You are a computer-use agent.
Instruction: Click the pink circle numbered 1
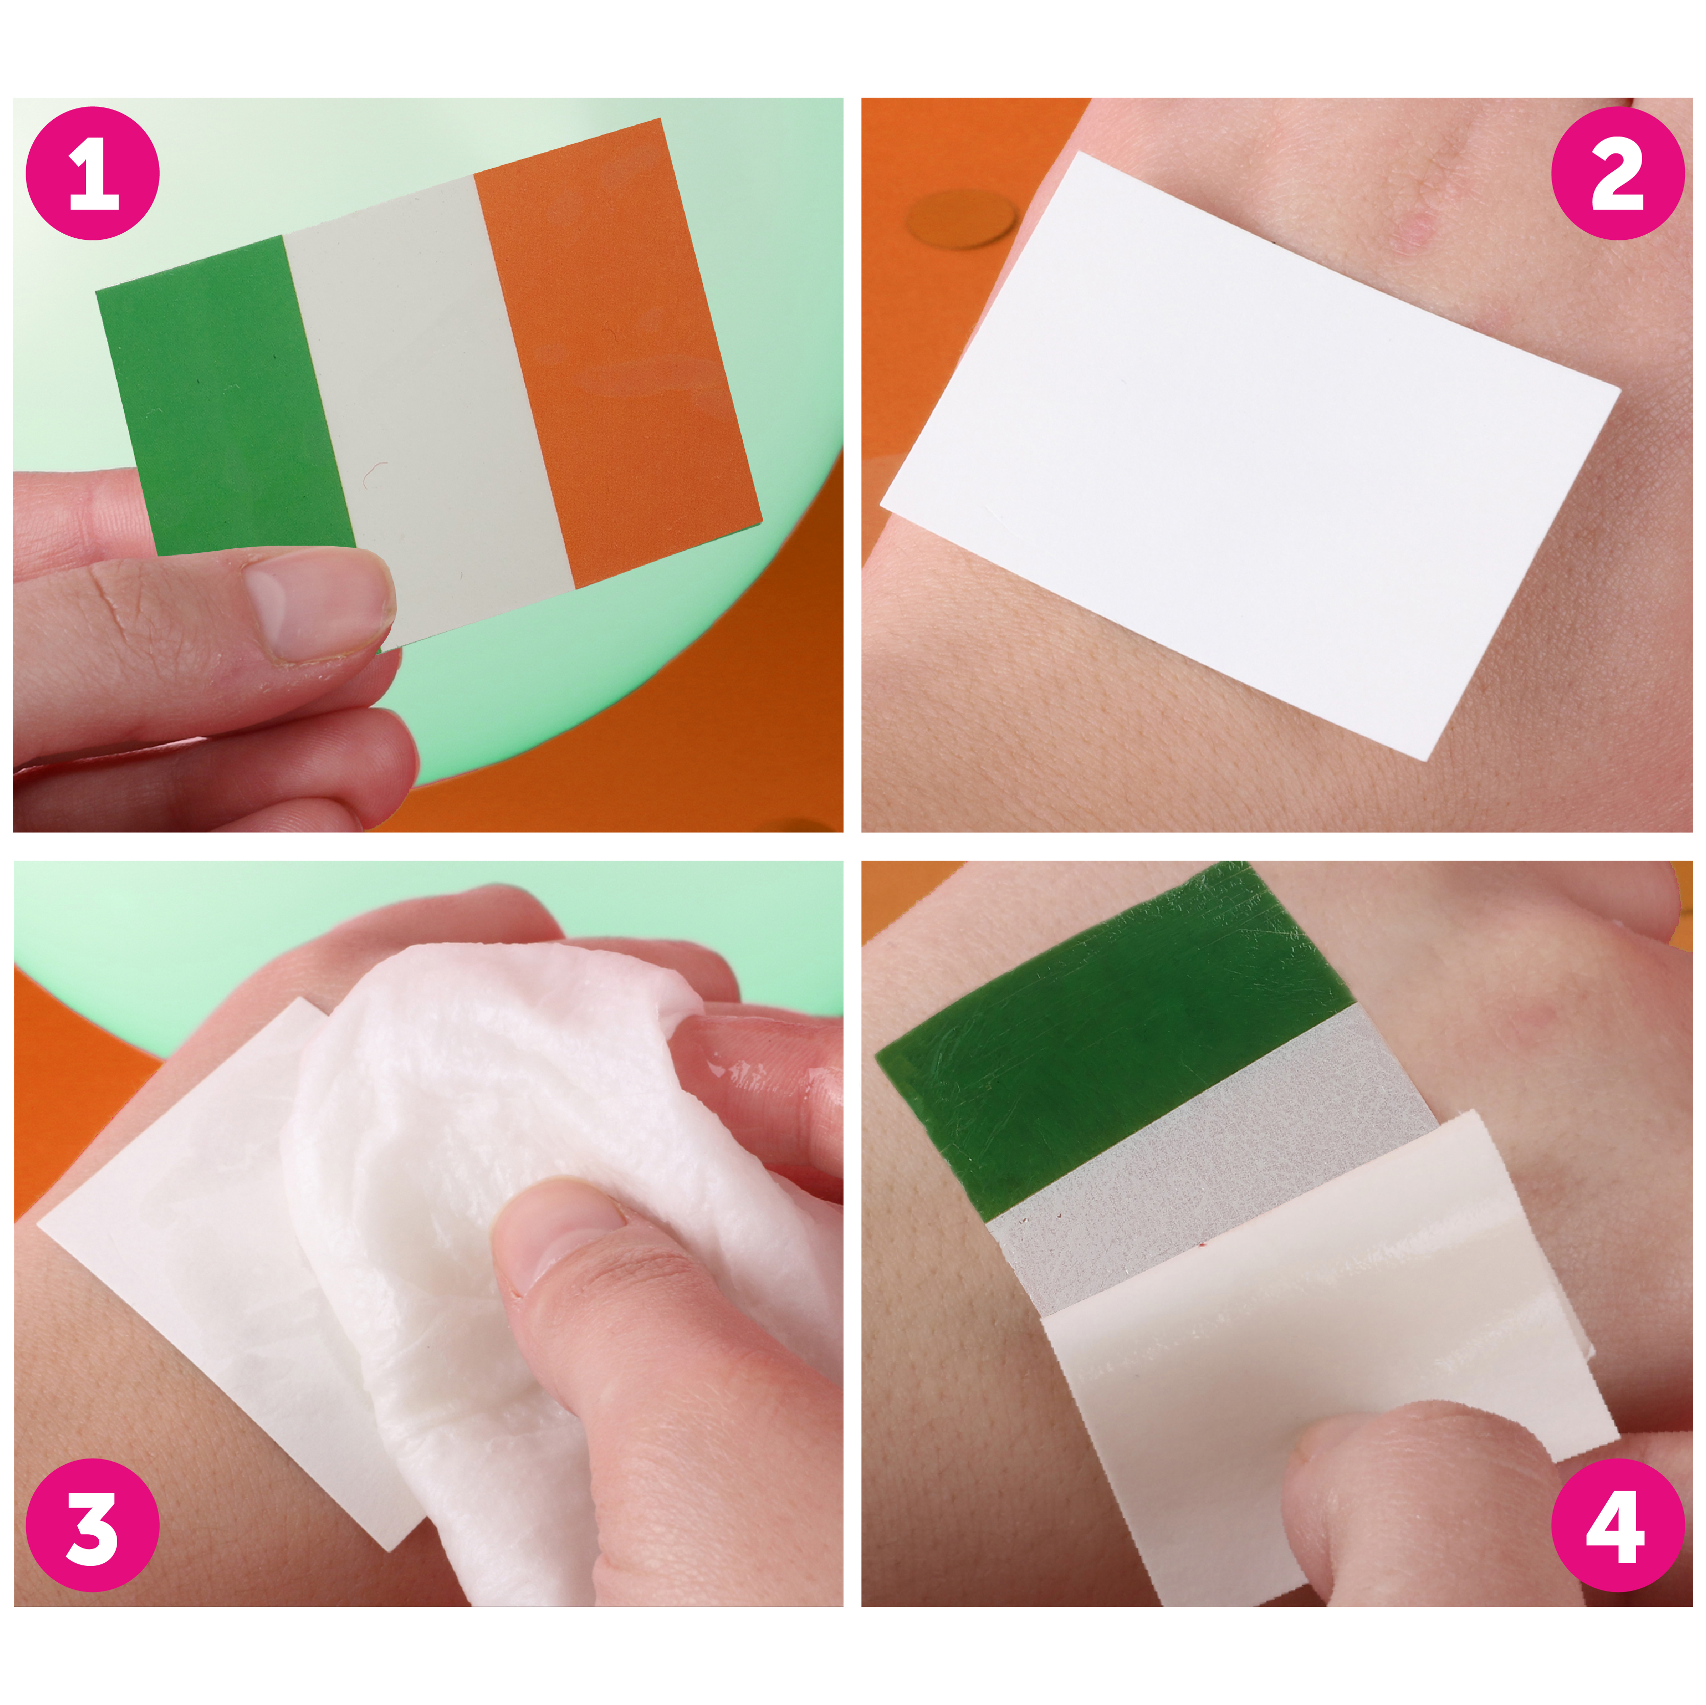tap(93, 173)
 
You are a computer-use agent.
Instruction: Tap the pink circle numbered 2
tap(1618, 173)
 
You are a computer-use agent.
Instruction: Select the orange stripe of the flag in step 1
tap(618, 353)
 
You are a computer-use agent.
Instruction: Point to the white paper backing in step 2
tap(1250, 455)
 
